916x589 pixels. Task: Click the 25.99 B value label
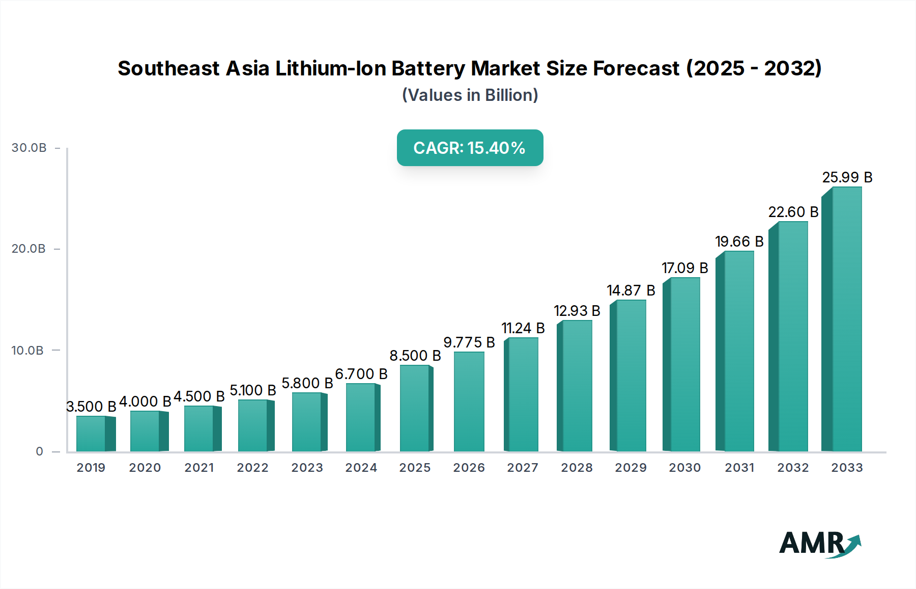click(x=847, y=177)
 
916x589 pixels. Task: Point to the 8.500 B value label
click(x=415, y=356)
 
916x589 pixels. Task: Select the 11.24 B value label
click(x=523, y=328)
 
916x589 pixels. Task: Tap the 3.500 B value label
click(x=91, y=407)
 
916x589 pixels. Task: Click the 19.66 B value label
click(x=739, y=242)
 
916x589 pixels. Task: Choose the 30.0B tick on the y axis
click(x=29, y=148)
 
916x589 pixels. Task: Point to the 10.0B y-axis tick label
click(x=27, y=351)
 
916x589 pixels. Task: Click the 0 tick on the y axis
click(x=39, y=451)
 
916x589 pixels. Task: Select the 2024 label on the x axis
click(x=361, y=468)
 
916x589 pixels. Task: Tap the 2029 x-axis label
click(x=631, y=468)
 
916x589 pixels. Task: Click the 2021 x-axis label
click(x=199, y=468)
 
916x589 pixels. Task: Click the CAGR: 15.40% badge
click(x=470, y=148)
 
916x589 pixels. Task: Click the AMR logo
click(x=819, y=544)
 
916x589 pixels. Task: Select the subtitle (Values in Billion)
click(x=470, y=95)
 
